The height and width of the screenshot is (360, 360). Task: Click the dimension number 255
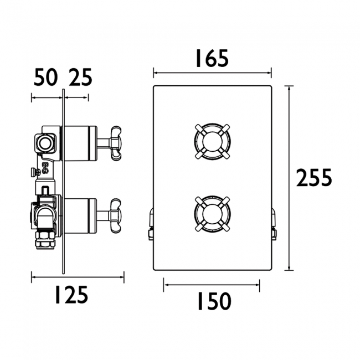(x=313, y=178)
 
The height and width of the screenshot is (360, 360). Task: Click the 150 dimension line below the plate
(x=212, y=287)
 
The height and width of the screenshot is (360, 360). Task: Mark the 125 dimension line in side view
(x=78, y=275)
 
